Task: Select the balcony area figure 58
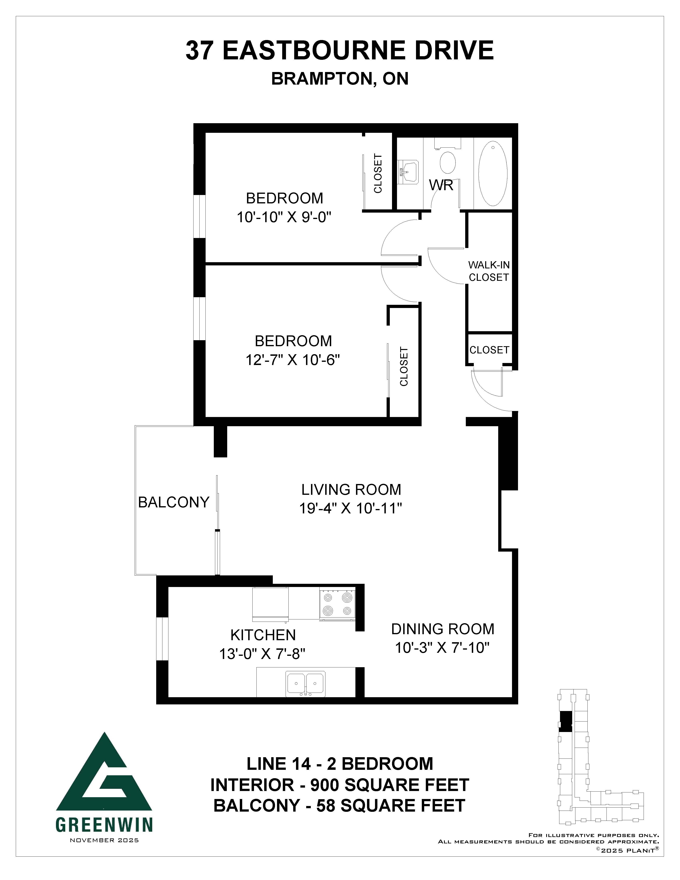click(x=325, y=806)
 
